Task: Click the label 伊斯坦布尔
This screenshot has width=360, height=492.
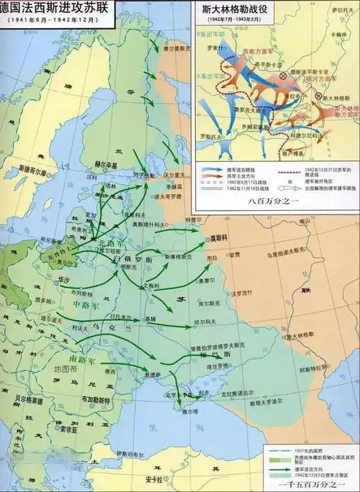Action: [132, 455]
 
